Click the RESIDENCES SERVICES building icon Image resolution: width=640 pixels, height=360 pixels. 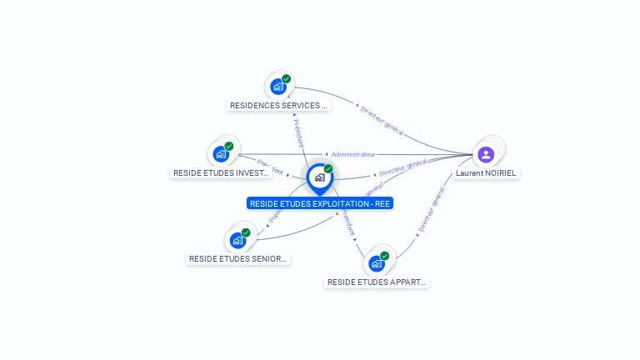[277, 87]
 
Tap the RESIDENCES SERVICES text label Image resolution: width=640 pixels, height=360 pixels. [278, 106]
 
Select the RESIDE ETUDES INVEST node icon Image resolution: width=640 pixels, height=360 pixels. [221, 154]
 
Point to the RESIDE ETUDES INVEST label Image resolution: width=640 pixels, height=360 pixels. [222, 173]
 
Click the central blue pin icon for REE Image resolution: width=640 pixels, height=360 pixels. [319, 177]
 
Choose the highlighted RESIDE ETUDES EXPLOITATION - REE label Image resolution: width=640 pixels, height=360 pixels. [320, 203]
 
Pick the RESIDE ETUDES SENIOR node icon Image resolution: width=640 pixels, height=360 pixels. [237, 241]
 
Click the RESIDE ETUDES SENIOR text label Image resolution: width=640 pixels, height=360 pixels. [238, 259]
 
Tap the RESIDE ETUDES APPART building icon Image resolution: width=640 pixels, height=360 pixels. [377, 264]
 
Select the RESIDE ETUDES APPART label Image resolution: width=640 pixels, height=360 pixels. [377, 282]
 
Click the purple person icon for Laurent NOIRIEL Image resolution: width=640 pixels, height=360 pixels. [486, 154]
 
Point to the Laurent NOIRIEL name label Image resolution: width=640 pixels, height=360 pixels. [486, 173]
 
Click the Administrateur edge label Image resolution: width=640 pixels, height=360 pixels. [352, 154]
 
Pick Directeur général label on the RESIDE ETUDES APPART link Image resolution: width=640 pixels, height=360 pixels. [431, 209]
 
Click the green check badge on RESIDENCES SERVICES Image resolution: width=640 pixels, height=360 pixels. [287, 79]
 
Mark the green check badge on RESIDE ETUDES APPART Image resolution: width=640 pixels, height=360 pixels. [385, 256]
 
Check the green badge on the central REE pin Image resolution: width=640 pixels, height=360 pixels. [328, 169]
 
